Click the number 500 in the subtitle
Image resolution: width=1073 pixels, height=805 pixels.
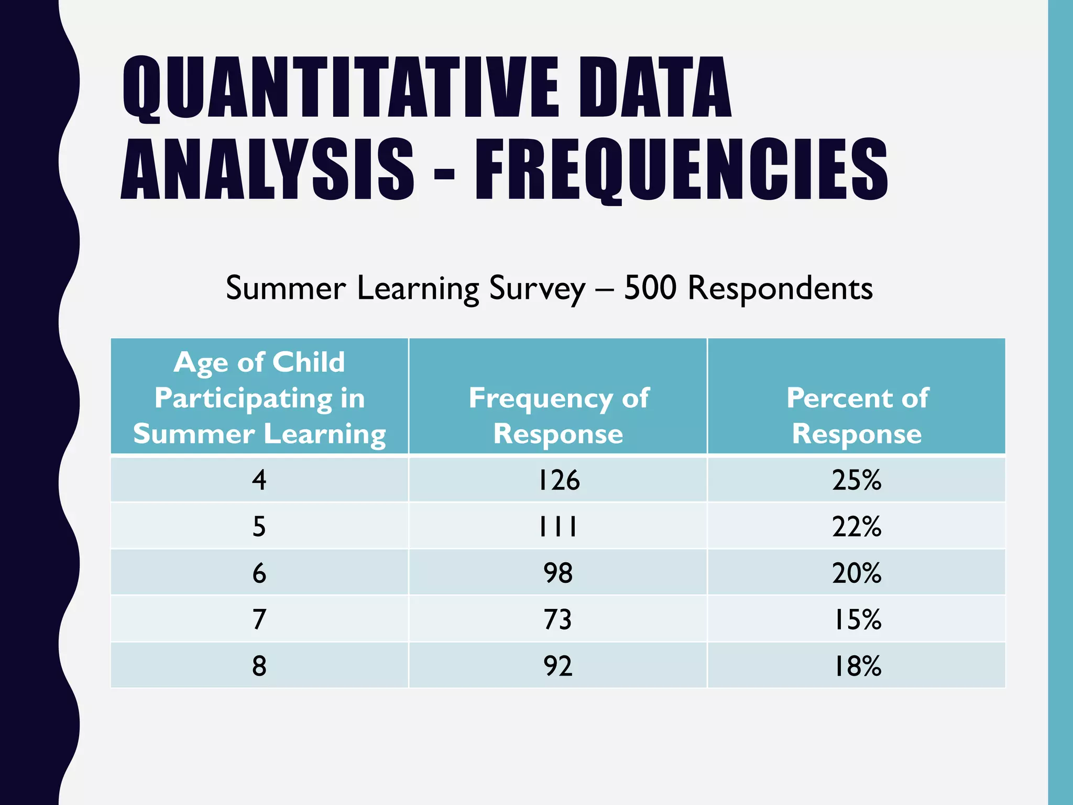pos(650,288)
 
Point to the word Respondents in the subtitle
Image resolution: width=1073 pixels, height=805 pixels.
pos(780,288)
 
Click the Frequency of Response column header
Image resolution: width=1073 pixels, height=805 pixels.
pos(558,416)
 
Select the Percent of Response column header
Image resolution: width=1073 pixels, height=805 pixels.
pos(857,416)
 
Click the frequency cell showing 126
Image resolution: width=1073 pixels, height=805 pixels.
pos(559,480)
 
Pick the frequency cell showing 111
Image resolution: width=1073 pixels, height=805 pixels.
pos(559,526)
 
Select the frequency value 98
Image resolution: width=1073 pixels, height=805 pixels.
pos(559,573)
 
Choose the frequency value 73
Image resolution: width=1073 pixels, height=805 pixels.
pos(559,619)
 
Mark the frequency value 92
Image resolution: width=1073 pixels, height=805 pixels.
pos(559,666)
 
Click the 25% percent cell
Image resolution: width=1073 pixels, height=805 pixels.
pos(857,480)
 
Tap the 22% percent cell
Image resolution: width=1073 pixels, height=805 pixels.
pos(857,526)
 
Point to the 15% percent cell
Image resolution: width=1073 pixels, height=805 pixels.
pos(857,619)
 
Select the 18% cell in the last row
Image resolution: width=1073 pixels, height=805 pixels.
pos(857,666)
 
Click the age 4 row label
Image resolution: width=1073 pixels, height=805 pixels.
pos(259,480)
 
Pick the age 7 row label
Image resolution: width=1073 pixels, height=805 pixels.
pos(259,619)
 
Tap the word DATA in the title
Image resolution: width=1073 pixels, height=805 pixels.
pos(655,88)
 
